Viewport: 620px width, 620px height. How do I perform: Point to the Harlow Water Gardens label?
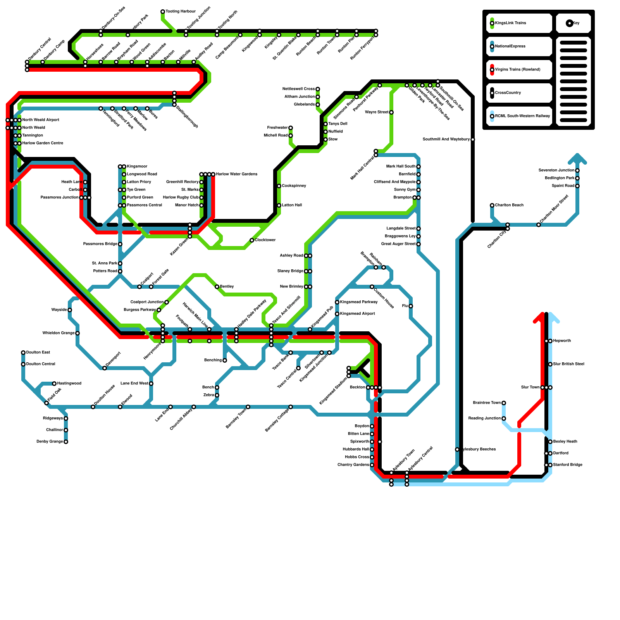pos(236,174)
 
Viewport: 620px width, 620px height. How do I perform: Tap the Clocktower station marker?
pos(252,240)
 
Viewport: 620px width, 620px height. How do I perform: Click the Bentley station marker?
pos(217,287)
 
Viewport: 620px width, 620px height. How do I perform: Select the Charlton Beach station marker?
pos(492,205)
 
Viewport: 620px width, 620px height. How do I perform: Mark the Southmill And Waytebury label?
pos(446,139)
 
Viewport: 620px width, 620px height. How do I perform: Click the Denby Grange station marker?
pos(66,442)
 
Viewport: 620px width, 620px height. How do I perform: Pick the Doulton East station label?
pos(38,353)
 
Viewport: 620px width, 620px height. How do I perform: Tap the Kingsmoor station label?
pos(137,167)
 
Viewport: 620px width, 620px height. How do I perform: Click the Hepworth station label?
pos(562,341)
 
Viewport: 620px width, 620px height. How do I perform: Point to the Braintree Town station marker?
pos(504,403)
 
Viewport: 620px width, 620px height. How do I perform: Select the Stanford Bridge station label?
pos(568,465)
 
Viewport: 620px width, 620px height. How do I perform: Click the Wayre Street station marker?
pos(391,112)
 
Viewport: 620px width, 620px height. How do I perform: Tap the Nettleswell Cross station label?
pos(298,89)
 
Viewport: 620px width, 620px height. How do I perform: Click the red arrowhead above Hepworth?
pos(539,317)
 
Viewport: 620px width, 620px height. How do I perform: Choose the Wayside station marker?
pos(70,310)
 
